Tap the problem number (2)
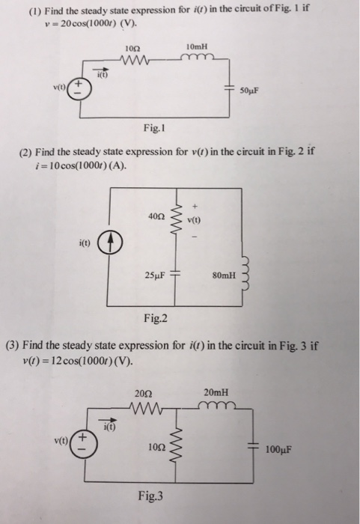(26, 150)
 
